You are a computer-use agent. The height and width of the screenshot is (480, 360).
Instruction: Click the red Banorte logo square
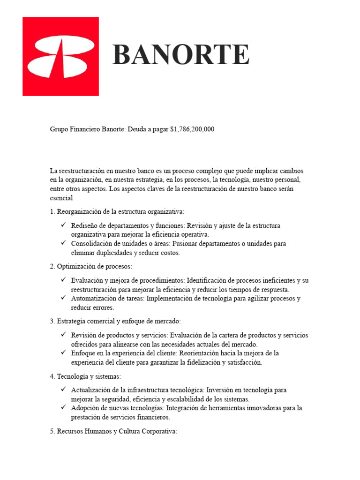(60, 56)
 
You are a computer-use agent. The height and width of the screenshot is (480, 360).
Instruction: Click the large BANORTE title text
(181, 55)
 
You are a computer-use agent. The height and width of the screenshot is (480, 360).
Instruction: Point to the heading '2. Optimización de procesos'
(91, 266)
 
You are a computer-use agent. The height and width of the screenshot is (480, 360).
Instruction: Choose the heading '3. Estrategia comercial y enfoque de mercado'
(115, 321)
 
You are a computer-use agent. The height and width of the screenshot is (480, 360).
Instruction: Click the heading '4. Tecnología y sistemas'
(85, 376)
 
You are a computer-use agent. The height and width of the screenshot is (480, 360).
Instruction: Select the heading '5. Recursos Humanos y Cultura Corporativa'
(113, 431)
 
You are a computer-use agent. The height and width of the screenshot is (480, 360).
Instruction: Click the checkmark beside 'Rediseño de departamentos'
(63, 225)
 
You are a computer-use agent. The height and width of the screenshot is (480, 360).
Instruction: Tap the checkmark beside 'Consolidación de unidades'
(63, 243)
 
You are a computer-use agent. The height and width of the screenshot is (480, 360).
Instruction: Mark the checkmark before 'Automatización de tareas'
(63, 298)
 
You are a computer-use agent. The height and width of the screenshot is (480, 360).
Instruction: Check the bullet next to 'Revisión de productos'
(63, 335)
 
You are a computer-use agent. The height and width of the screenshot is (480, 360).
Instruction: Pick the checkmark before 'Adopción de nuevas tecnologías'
(63, 407)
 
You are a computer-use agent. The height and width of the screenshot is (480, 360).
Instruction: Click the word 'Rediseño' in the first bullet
(84, 226)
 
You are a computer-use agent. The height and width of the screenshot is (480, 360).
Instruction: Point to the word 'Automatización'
(93, 299)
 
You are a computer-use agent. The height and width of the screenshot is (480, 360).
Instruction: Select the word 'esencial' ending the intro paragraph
(61, 198)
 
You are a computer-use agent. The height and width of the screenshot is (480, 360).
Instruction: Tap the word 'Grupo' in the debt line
(59, 129)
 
